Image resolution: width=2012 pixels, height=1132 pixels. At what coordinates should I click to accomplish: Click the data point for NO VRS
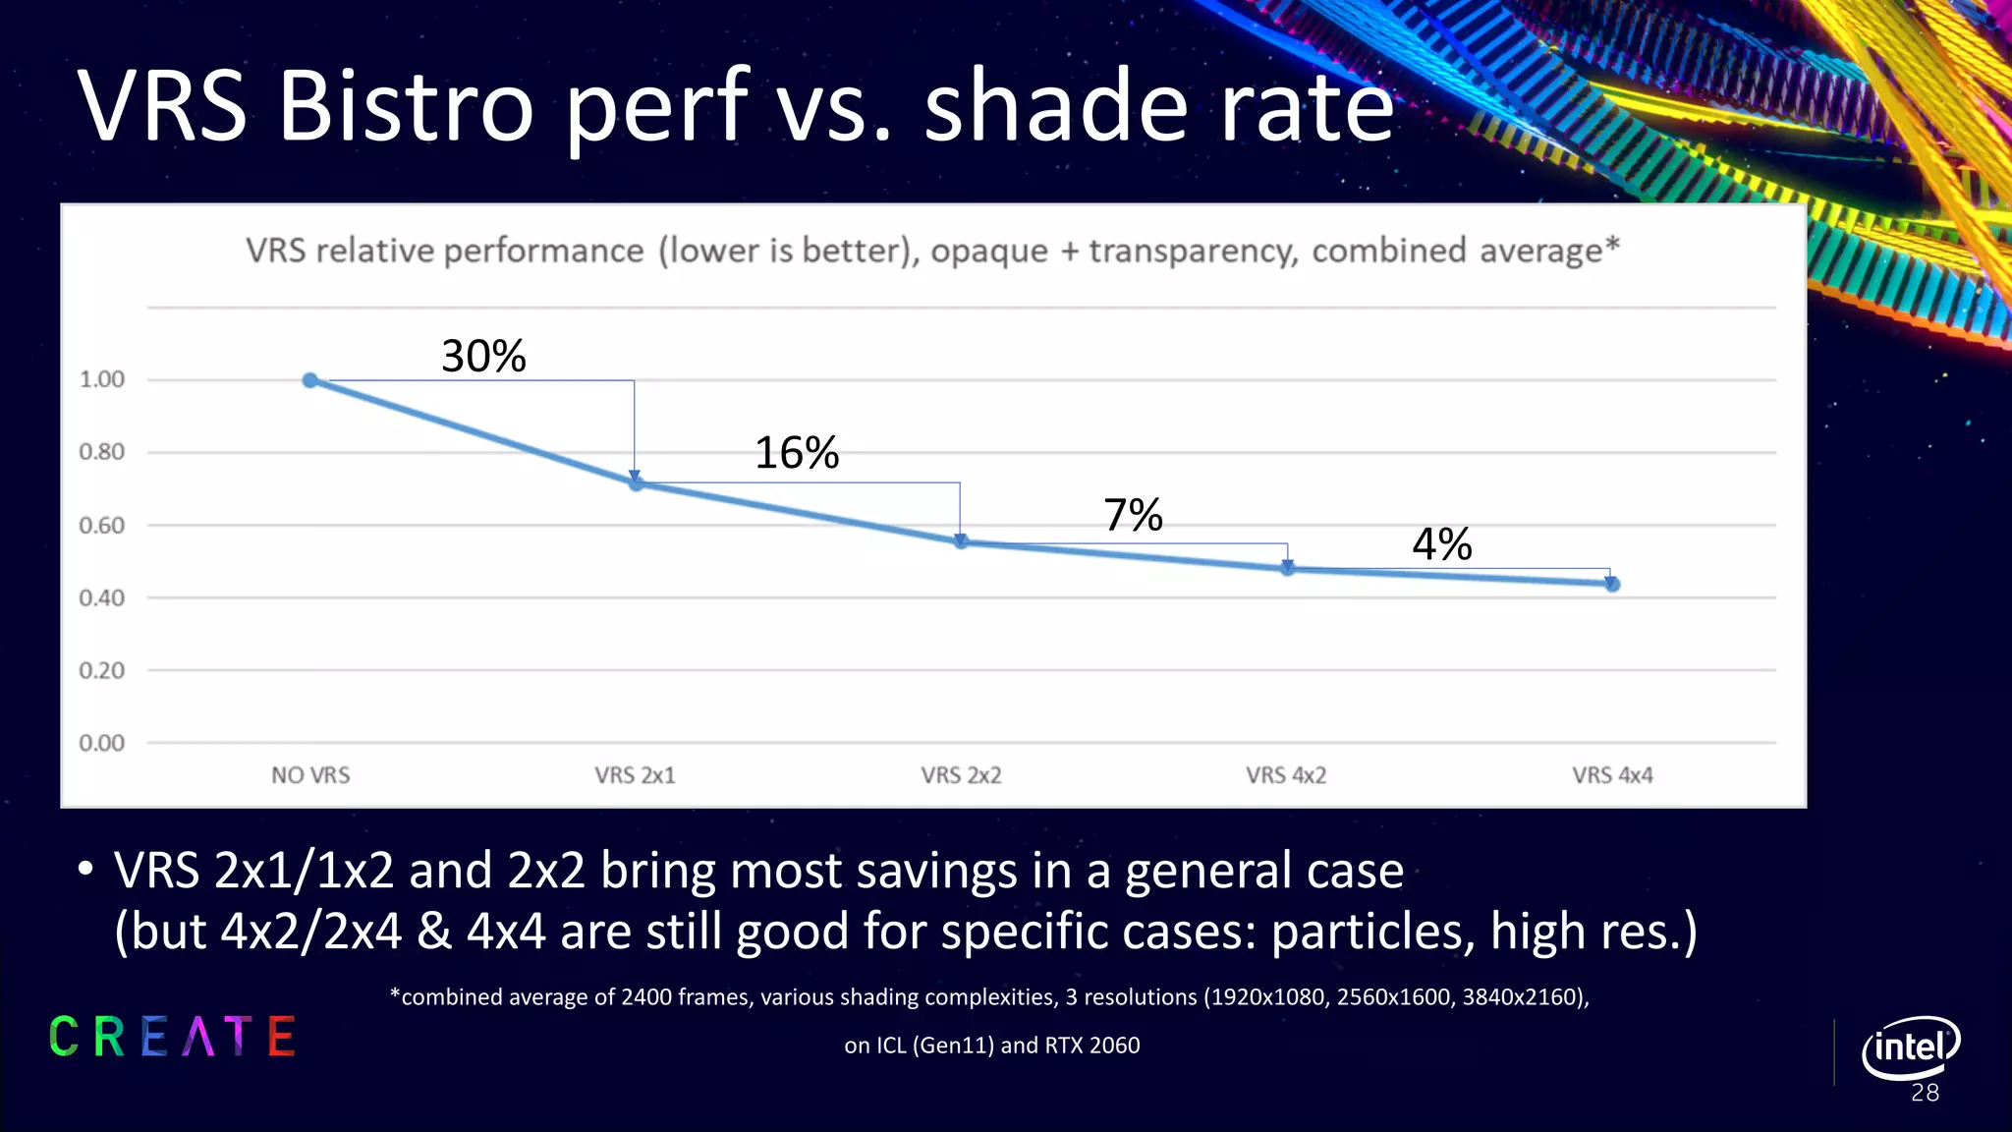click(310, 380)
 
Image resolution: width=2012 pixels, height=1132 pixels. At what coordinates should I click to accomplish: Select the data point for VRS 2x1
click(636, 483)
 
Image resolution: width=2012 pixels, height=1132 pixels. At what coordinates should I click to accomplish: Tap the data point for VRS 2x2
click(961, 541)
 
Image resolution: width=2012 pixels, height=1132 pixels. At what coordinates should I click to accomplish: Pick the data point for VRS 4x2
click(1287, 568)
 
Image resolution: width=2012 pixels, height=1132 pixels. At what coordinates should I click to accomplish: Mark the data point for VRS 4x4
click(1612, 584)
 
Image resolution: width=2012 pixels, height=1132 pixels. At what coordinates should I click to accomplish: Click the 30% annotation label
click(483, 356)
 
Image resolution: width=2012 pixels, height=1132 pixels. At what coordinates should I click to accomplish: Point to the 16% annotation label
click(797, 453)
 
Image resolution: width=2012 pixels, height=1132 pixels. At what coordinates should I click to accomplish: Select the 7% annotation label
click(1133, 515)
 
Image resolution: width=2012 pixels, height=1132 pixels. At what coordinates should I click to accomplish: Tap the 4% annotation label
click(1441, 543)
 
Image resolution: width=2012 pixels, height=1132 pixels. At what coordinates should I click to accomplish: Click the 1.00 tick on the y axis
click(102, 379)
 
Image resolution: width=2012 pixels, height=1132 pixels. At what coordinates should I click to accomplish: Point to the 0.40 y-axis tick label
click(102, 597)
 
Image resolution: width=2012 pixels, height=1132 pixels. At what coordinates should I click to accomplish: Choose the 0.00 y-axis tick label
click(102, 743)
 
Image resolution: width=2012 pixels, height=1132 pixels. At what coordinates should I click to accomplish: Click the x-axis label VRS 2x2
click(961, 775)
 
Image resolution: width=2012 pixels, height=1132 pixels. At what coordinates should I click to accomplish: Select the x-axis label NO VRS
click(310, 775)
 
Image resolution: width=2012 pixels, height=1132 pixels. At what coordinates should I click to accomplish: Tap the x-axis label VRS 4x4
click(1612, 775)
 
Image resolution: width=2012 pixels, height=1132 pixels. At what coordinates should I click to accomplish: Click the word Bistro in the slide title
click(406, 106)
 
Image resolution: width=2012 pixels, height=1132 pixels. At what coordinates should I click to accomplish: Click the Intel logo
click(1910, 1047)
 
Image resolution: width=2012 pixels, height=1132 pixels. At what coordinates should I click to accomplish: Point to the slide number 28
click(1925, 1093)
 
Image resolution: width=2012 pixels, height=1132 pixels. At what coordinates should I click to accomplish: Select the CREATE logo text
click(173, 1037)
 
